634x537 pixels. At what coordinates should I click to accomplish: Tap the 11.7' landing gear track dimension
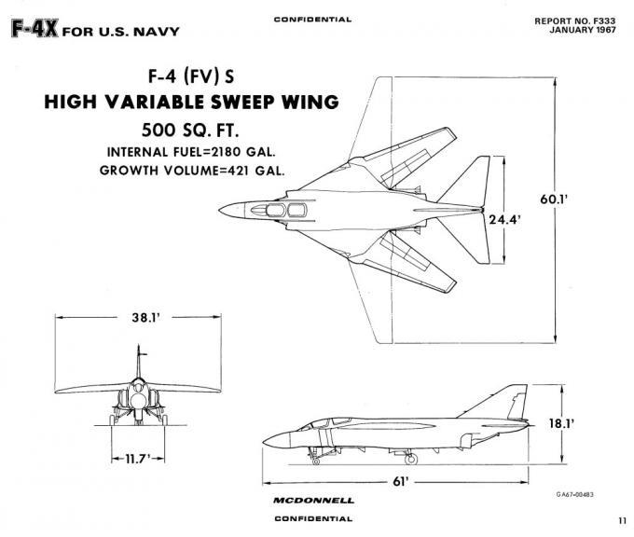137,460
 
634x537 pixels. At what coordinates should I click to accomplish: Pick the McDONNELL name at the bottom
314,501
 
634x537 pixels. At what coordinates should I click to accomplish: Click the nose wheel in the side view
317,461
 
